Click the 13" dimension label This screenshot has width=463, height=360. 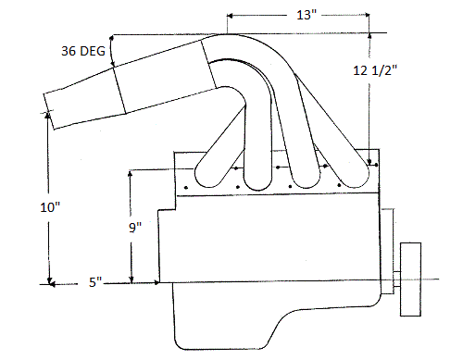tap(307, 15)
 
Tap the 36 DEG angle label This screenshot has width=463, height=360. tap(83, 51)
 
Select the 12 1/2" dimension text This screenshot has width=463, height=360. tap(375, 70)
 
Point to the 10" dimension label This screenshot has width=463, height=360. tap(50, 207)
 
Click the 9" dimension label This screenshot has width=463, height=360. tap(135, 228)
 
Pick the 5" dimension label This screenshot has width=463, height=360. tap(95, 282)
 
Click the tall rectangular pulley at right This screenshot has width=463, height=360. tap(410, 279)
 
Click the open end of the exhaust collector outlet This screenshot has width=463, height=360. tap(49, 110)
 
